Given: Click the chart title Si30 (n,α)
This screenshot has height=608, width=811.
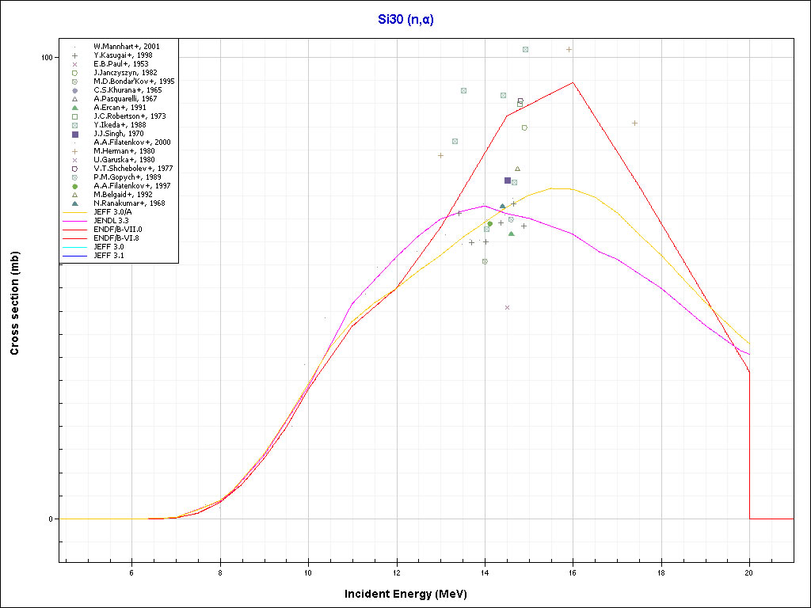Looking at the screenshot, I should [405, 20].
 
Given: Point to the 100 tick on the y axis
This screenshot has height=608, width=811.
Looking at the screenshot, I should [46, 58].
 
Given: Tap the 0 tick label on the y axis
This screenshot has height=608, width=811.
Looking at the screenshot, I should [51, 519].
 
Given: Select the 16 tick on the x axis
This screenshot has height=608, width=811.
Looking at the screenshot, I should [573, 572].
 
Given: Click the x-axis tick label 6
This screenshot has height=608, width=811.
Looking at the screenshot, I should [131, 572].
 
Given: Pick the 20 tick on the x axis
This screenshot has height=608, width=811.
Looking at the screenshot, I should [749, 572].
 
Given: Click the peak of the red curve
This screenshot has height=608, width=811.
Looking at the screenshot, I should [573, 82].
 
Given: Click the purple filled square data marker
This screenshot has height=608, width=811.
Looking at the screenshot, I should [508, 180].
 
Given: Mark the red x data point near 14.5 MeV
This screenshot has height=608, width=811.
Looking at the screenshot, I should [507, 307].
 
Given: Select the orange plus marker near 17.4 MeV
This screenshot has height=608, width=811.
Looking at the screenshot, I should [634, 123].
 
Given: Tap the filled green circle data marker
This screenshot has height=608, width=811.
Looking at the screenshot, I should [489, 223].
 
